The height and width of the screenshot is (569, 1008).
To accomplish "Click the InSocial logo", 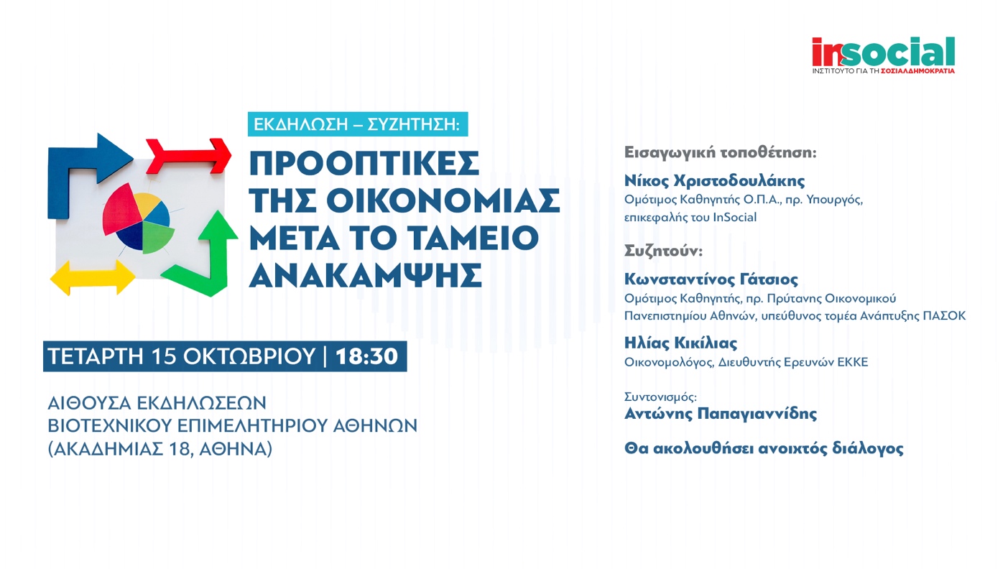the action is click(884, 55).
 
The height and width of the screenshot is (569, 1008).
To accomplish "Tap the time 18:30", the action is click(366, 356).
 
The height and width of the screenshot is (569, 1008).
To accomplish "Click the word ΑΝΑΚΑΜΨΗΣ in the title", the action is click(366, 275).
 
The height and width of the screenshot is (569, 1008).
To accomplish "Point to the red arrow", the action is click(189, 155).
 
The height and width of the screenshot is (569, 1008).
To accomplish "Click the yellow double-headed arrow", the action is click(92, 277).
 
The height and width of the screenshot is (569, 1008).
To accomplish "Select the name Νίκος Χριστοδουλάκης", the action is click(714, 181).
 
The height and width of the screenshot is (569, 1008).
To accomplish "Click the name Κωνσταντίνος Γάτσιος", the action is click(711, 279).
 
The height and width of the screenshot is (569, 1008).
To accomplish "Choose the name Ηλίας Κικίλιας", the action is click(680, 343).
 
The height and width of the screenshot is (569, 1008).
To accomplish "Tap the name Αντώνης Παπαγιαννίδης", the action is click(721, 414).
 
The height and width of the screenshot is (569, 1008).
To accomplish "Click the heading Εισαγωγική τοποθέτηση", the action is click(720, 153).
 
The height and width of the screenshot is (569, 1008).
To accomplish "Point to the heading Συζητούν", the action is click(663, 251).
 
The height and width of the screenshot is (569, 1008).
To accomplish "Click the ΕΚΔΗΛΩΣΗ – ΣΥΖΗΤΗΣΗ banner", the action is click(358, 124).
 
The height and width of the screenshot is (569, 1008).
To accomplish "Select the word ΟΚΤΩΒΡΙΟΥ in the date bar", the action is click(249, 356).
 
